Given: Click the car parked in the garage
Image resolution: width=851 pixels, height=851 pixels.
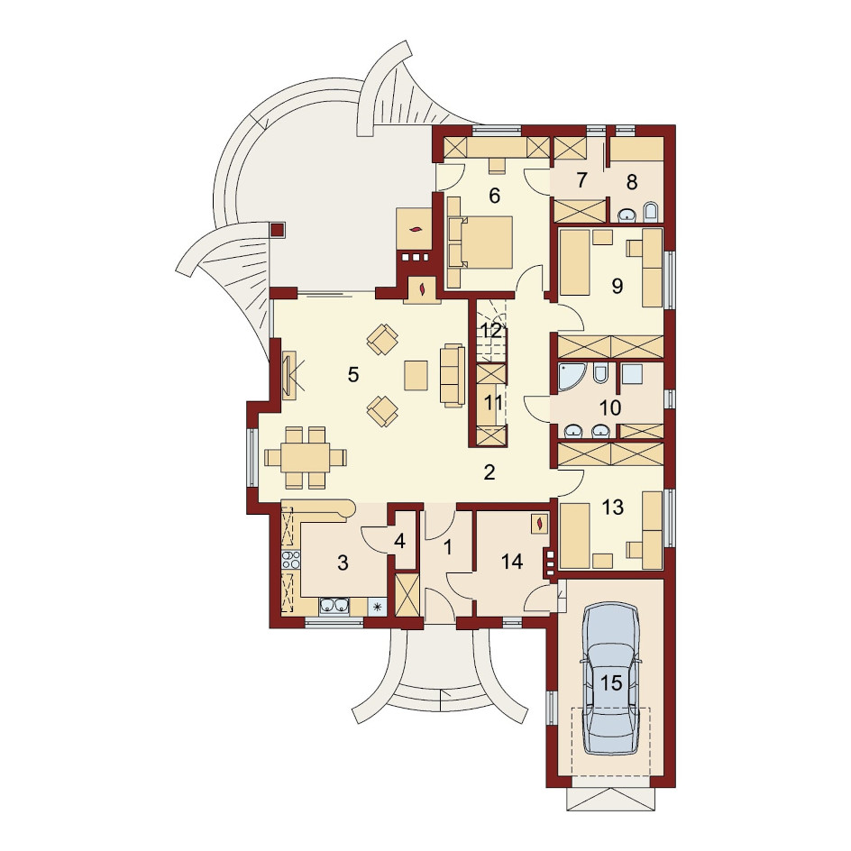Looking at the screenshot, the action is (610, 678).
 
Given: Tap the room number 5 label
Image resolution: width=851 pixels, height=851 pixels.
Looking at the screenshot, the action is (353, 374).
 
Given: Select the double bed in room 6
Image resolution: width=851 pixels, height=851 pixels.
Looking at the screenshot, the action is (480, 242).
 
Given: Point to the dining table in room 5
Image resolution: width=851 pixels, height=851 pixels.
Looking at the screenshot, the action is (305, 457).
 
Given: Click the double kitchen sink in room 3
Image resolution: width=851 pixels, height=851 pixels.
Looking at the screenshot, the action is (334, 606).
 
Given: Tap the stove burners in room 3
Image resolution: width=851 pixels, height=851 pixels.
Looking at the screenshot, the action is (291, 559).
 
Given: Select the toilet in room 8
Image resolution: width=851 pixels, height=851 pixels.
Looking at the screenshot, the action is (650, 212).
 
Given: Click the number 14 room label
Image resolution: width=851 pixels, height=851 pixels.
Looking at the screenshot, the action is (512, 562).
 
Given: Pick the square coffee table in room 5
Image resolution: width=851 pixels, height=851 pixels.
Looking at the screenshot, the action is (416, 375).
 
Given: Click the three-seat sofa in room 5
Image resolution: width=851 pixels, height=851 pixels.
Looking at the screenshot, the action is (453, 375).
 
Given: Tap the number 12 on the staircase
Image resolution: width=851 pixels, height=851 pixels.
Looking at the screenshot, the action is (491, 331).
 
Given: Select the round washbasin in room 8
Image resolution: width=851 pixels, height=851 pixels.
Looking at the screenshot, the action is (627, 215).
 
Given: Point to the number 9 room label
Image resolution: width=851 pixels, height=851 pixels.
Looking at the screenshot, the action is (618, 286).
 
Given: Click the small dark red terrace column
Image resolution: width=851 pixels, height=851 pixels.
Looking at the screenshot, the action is (277, 230).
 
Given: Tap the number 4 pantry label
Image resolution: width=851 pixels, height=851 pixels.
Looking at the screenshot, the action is (399, 542).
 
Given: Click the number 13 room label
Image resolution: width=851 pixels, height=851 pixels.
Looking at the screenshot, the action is (613, 508).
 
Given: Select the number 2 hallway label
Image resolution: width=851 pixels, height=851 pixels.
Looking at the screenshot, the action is (489, 472).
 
